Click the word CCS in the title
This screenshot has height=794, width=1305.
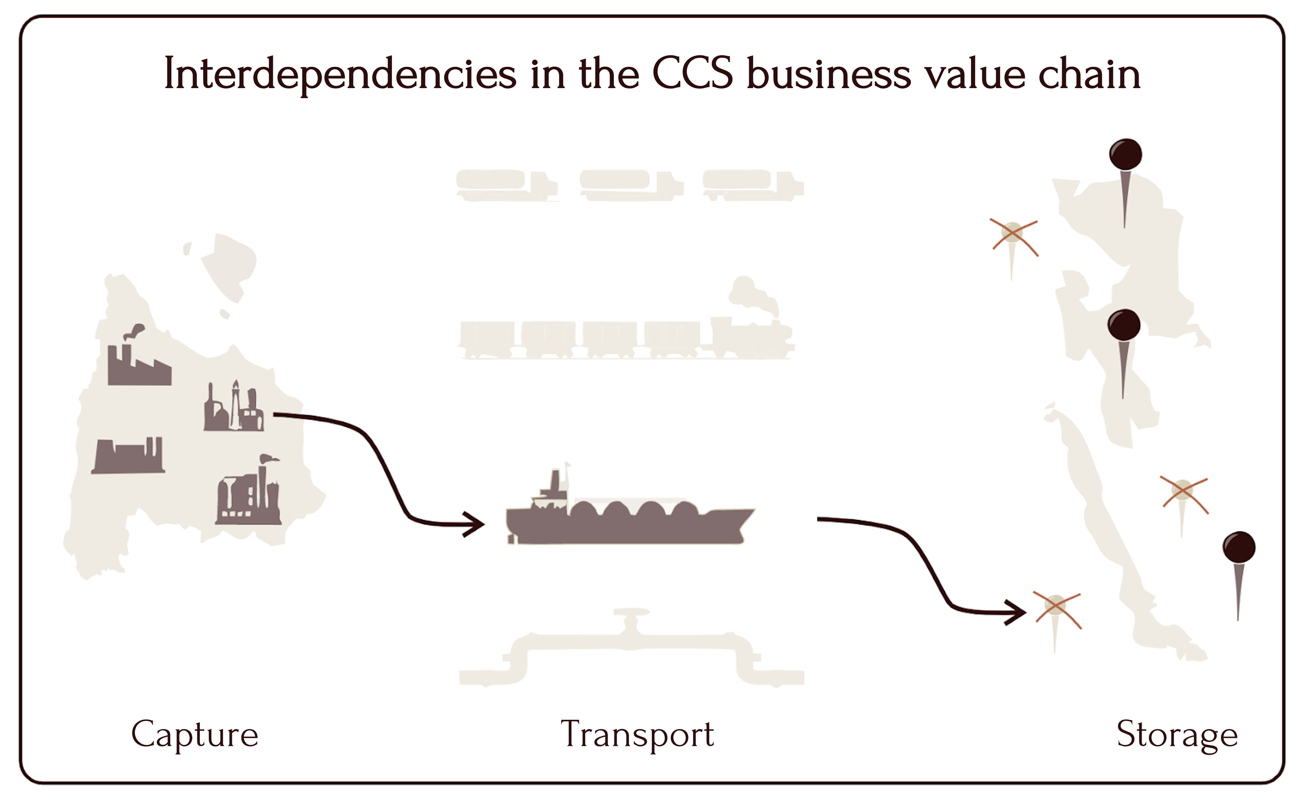pos(693,74)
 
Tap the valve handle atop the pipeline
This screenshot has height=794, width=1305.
pos(631,612)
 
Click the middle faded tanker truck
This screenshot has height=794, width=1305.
pos(631,185)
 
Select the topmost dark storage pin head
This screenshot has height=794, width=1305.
pos(1125,154)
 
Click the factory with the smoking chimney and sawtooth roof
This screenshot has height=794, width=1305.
pos(139,356)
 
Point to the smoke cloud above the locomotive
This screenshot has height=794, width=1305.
pos(753,296)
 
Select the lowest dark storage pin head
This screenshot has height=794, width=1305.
pos(1239,547)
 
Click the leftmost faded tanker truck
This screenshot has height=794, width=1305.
pos(507,185)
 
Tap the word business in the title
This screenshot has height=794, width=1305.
pos(829,74)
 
